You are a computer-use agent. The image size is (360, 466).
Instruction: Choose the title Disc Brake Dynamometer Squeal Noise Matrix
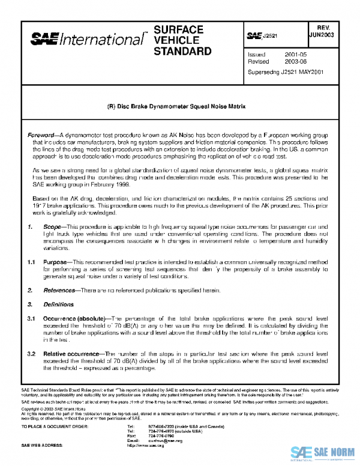180,106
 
